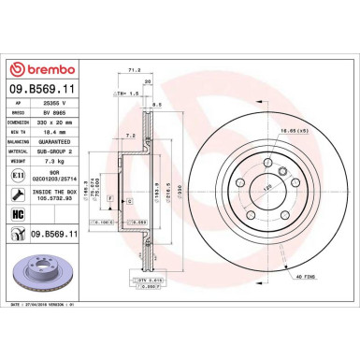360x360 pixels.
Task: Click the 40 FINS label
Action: [307, 278]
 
